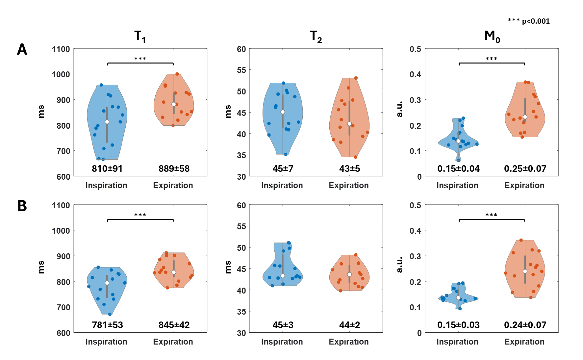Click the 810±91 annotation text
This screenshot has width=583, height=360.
click(107, 169)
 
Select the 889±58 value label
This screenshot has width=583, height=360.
click(174, 169)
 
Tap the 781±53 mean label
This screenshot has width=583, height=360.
click(107, 325)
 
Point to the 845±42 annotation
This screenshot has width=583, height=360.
click(174, 325)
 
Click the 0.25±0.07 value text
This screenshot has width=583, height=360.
click(525, 169)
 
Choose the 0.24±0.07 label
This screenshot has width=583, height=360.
click(525, 325)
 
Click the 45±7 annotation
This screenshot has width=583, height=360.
click(283, 169)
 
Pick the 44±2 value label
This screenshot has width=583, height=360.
click(349, 325)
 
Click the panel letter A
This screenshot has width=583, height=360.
click(22, 50)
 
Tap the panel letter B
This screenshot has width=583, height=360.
click(22, 206)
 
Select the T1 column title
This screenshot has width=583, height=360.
click(140, 36)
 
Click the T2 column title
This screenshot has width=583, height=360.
click(316, 36)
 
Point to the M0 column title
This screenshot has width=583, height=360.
click(492, 36)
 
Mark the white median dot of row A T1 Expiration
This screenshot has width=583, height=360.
click(174, 104)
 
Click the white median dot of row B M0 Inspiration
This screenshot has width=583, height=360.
click(458, 298)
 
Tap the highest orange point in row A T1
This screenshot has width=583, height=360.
click(177, 74)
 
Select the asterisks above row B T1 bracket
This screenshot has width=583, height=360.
click(140, 215)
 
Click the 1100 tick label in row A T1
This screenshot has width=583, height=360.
click(61, 49)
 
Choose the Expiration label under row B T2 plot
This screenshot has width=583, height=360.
click(349, 342)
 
